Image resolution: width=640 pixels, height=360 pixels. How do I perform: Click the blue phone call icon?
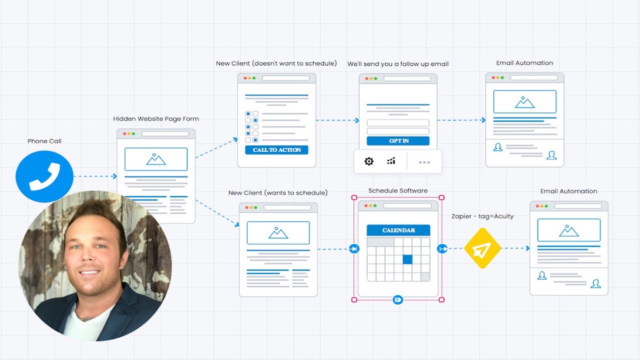pos(44,176)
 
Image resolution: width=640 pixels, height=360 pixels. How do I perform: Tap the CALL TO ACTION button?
pos(276,149)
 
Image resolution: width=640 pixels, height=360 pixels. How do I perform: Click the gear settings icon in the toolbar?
pos(369,161)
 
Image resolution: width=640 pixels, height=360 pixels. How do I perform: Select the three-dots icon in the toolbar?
pos(424,162)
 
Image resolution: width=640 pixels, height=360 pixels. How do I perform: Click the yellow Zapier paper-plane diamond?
pos(482,248)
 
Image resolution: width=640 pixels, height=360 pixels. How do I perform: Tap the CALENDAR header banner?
pos(398,230)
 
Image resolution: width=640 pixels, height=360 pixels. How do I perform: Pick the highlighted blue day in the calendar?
pos(407,259)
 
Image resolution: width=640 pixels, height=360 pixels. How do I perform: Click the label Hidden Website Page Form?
pos(156,119)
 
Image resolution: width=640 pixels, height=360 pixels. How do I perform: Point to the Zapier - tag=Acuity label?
pos(482,216)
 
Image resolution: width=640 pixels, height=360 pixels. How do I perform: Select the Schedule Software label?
pos(398,191)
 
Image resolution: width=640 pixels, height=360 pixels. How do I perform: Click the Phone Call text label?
pos(44,141)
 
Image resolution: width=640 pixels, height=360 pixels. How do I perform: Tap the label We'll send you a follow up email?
pos(398,64)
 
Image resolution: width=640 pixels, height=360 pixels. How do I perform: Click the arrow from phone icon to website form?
pos(95,176)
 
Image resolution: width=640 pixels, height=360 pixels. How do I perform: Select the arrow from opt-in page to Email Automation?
pos(461,120)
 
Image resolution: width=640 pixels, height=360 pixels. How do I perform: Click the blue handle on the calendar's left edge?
pos(354,248)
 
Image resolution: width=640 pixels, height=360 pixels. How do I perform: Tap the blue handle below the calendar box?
pos(398,299)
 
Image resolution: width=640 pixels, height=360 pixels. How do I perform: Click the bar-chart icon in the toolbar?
pos(391,161)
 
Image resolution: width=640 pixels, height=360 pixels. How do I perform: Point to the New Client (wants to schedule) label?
pos(278,193)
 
